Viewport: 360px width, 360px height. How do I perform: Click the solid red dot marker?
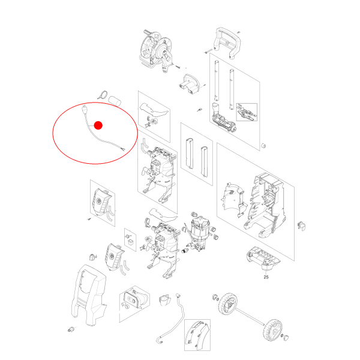tap(98, 125)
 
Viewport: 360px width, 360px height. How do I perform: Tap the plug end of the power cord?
tap(85, 109)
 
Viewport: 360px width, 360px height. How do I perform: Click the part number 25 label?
tap(266, 277)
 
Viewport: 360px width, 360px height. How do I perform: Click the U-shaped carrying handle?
tap(227, 43)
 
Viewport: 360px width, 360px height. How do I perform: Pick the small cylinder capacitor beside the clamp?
tap(115, 101)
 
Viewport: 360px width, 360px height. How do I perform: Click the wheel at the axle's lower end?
tap(273, 329)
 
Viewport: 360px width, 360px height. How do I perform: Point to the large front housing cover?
tap(88, 295)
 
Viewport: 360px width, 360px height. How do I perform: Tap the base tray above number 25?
tap(263, 257)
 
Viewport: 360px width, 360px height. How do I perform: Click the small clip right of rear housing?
tap(301, 226)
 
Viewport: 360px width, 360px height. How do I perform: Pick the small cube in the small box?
tap(131, 242)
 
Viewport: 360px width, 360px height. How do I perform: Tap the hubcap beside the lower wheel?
tap(286, 338)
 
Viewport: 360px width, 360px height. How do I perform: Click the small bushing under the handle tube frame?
tap(263, 146)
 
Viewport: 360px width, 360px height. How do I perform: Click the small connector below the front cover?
tap(71, 329)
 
